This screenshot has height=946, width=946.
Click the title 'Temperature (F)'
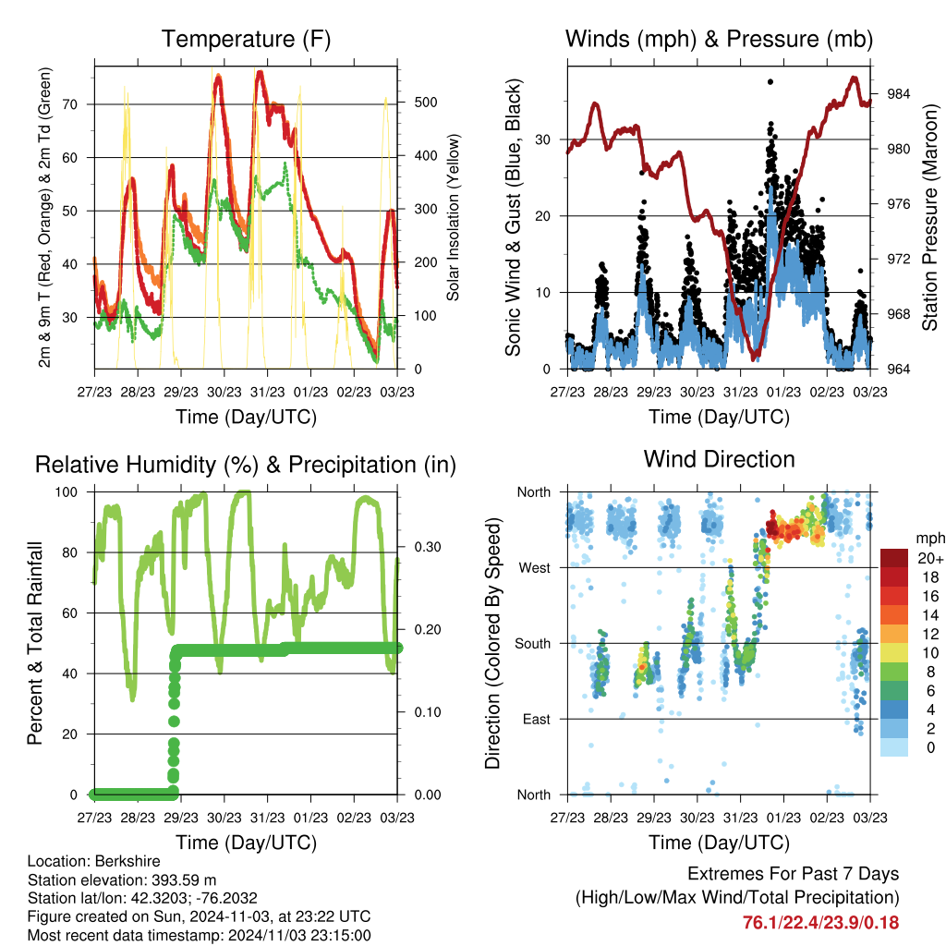[x=246, y=39]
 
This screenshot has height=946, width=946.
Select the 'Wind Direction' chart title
[x=719, y=459]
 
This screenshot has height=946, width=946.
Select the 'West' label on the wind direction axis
[x=534, y=567]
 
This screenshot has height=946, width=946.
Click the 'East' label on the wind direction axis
[x=536, y=719]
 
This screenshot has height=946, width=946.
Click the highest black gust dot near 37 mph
[x=770, y=81]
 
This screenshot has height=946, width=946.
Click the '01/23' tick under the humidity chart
[x=311, y=818]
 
